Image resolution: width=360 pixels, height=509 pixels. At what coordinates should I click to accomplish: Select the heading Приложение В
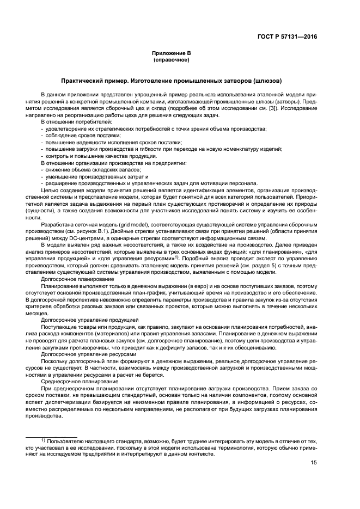coord(171,53)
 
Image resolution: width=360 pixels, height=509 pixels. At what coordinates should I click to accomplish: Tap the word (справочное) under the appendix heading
coord(171,59)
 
